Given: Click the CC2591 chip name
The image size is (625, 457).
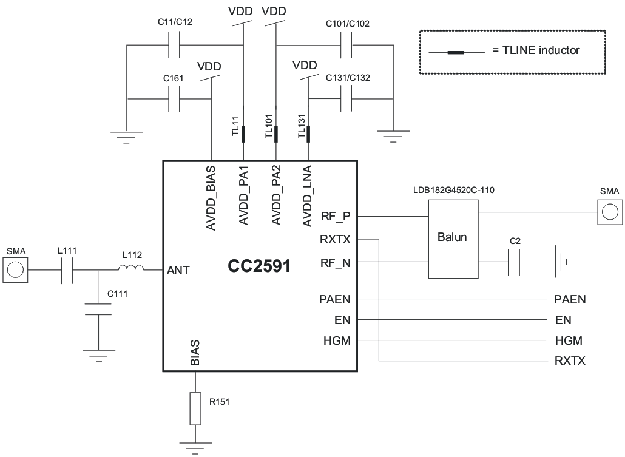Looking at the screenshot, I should (259, 266).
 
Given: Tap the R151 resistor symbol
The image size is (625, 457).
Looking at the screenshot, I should (195, 408).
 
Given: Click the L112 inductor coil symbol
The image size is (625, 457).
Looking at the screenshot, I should (130, 269).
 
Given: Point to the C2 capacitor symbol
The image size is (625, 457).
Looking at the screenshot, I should (515, 262).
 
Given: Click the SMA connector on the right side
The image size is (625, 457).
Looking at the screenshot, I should (609, 212).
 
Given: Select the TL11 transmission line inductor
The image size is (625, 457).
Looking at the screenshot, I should (243, 134).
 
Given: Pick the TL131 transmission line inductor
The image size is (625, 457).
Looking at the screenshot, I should (308, 134).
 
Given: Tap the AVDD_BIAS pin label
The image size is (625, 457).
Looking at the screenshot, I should (211, 195).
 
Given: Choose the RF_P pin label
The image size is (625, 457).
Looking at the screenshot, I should (336, 215).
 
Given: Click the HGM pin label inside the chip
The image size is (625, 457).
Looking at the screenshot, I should (337, 341).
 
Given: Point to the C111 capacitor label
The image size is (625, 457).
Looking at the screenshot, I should (117, 294).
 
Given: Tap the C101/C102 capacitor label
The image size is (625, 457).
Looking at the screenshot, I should (347, 24).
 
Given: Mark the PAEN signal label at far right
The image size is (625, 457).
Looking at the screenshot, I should (570, 299).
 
